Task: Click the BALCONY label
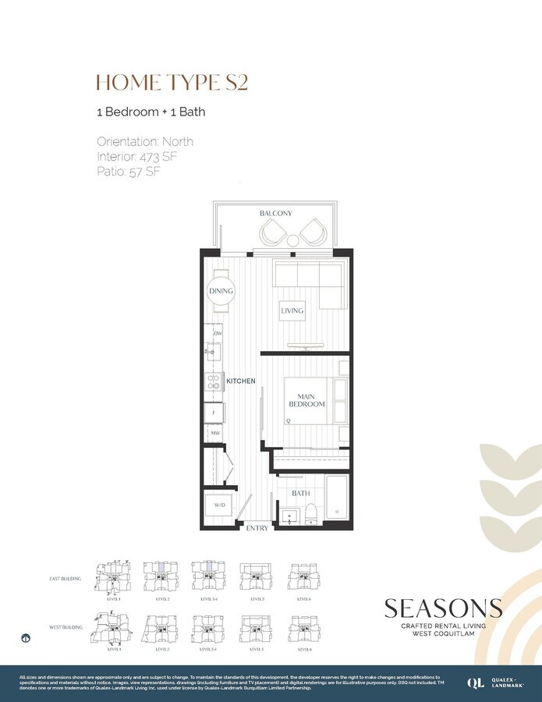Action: pos(275,213)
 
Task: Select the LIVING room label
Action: pos(292,311)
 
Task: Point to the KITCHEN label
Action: pos(241,381)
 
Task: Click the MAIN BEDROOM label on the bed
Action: pos(307,400)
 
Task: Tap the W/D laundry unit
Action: pos(221,506)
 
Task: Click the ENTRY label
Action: pos(257,528)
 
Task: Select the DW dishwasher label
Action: pos(218,334)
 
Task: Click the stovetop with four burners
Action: pos(213,381)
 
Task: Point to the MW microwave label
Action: pos(214,432)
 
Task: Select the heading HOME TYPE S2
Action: pos(172,82)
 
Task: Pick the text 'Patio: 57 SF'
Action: pos(129,172)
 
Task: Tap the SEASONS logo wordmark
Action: pos(443,608)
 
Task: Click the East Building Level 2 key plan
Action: pos(162,578)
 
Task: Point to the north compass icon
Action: pos(27,638)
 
